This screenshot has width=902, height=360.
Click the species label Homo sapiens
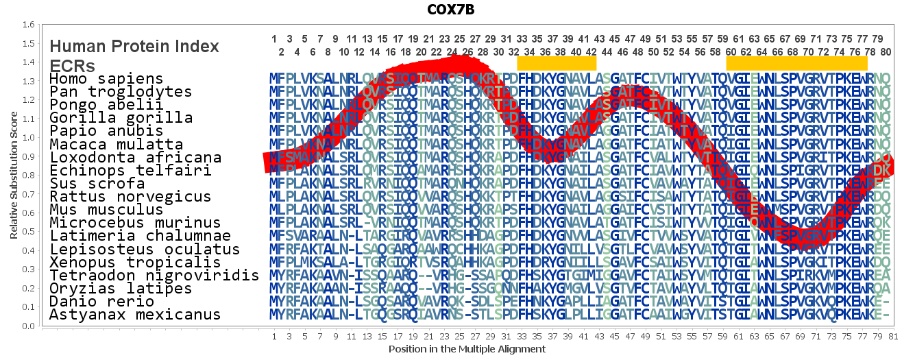[106, 79]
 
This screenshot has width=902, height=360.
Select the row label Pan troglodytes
[121, 92]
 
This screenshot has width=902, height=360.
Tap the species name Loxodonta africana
[135, 158]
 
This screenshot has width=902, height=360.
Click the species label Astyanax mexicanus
[135, 315]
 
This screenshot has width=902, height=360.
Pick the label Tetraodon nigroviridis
[154, 276]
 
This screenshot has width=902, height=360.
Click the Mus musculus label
[106, 210]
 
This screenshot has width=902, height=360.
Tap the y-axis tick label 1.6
[29, 25]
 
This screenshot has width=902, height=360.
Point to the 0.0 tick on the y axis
[29, 326]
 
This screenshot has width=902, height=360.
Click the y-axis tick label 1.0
[29, 138]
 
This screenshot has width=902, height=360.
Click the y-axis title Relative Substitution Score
[14, 175]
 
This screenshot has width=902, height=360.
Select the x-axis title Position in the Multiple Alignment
[467, 349]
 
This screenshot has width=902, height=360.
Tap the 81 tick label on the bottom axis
[892, 337]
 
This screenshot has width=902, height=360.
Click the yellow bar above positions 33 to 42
[557, 63]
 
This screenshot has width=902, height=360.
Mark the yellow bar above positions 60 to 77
[796, 63]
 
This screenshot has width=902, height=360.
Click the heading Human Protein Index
[134, 47]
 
